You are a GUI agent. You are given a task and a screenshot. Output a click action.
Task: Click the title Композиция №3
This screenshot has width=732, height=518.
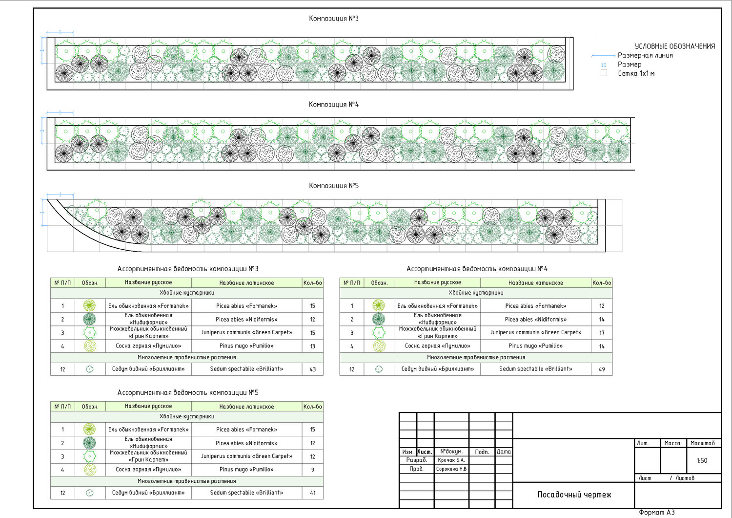pyautogui.click(x=334, y=19)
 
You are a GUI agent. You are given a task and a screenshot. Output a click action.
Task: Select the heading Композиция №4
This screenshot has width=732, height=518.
pyautogui.click(x=334, y=105)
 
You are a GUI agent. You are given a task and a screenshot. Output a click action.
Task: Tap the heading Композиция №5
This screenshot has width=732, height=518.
pyautogui.click(x=334, y=186)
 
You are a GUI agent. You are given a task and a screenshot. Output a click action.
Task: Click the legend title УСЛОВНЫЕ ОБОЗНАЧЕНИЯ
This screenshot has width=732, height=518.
pyautogui.click(x=674, y=46)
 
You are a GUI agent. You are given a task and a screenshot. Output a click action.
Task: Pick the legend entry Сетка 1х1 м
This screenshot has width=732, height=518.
pyautogui.click(x=636, y=73)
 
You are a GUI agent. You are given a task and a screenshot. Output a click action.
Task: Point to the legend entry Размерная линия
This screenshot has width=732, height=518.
pyautogui.click(x=645, y=56)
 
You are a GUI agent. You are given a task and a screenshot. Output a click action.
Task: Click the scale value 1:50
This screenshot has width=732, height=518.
pyautogui.click(x=702, y=460)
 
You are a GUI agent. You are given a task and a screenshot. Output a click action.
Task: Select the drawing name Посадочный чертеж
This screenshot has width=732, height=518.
pyautogui.click(x=574, y=495)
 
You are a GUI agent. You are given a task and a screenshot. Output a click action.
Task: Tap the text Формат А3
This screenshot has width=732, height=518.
pyautogui.click(x=656, y=512)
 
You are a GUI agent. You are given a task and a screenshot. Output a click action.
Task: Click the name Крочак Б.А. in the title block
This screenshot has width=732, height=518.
pyautogui.click(x=451, y=460)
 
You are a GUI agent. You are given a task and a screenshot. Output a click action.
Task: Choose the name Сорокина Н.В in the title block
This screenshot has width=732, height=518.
pyautogui.click(x=451, y=469)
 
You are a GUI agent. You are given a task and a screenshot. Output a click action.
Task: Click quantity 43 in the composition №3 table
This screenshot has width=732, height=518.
pyautogui.click(x=313, y=369)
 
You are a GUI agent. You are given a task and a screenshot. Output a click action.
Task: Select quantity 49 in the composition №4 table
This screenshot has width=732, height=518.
pyautogui.click(x=602, y=369)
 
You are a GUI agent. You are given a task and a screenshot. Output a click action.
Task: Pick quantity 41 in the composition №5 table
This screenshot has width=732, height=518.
pyautogui.click(x=313, y=493)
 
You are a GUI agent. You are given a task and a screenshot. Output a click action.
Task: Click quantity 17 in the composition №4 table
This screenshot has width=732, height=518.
pyautogui.click(x=602, y=333)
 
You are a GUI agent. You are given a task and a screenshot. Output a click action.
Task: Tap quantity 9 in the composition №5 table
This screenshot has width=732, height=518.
pyautogui.click(x=313, y=470)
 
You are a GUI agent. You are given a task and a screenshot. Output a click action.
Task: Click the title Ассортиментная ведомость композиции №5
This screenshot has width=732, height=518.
pyautogui.click(x=188, y=393)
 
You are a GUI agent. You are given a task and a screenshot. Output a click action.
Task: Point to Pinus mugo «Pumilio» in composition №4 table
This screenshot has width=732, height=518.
pyautogui.click(x=535, y=346)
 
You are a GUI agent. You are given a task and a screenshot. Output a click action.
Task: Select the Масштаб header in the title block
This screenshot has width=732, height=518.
pyautogui.click(x=702, y=443)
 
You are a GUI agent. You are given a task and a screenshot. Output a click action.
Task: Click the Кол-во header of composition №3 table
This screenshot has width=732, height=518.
pyautogui.click(x=313, y=283)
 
